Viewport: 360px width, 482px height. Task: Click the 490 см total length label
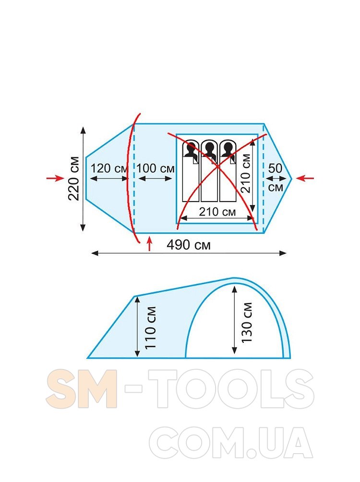189,245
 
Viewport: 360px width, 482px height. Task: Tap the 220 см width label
74,179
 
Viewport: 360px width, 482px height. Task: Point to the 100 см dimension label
156,169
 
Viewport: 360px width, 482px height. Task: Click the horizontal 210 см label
217,212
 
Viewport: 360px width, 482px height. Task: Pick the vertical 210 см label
246,173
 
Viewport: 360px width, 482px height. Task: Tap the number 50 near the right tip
275,169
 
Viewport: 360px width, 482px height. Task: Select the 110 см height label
151,327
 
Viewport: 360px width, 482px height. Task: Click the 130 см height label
247,323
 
